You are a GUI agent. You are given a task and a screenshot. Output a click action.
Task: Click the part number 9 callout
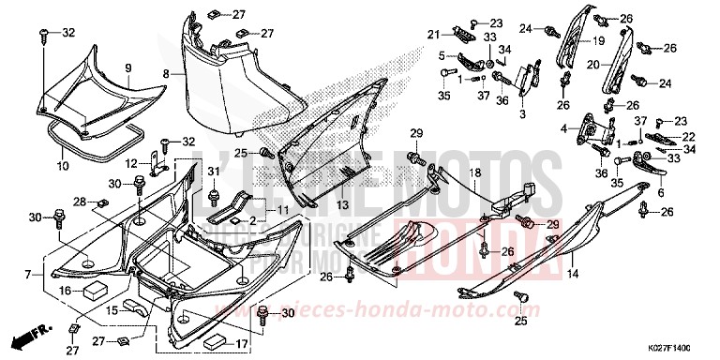tap(127, 67)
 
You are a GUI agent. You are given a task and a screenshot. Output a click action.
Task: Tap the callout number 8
tap(165, 73)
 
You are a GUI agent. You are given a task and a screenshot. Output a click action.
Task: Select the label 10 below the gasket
tap(63, 166)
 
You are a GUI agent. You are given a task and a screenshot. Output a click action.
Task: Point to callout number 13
tap(316, 204)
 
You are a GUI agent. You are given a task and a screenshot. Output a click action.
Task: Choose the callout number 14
tap(573, 274)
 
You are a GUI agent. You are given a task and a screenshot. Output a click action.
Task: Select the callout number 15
tap(111, 309)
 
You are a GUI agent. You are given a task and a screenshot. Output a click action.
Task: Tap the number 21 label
tap(434, 35)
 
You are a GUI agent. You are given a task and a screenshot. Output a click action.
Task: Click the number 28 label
tap(80, 202)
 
